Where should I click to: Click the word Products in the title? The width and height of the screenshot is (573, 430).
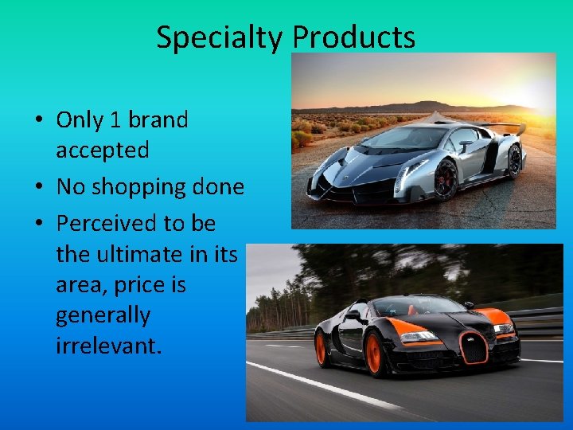coord(353,37)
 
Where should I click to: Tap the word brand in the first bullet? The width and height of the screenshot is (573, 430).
coord(158,120)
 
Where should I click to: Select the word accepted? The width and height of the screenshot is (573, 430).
coord(102,150)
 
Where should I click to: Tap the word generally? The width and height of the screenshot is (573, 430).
coord(103,315)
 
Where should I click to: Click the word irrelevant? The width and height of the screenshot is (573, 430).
coord(108,346)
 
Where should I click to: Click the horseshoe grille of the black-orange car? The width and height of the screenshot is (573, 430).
coord(475,347)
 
